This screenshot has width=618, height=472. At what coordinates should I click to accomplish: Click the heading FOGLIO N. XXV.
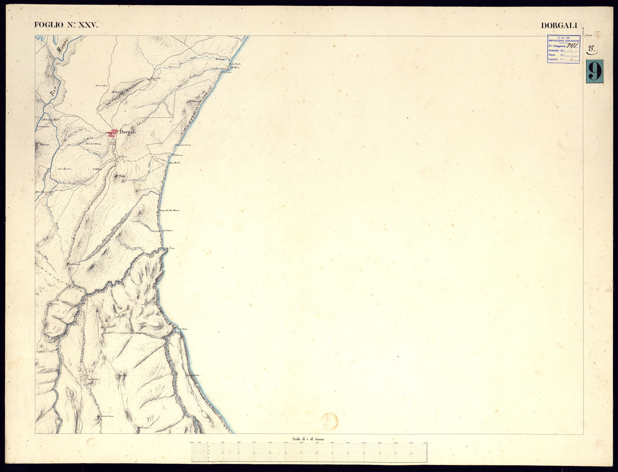[x=63, y=24]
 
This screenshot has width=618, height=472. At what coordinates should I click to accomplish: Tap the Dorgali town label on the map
[x=128, y=132]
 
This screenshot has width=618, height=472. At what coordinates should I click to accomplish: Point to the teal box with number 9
[x=594, y=71]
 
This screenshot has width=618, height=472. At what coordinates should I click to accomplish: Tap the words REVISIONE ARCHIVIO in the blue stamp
[x=564, y=41]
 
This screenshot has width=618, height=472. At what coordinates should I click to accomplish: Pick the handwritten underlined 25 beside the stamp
[x=592, y=49]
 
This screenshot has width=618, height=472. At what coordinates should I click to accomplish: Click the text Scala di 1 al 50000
[x=309, y=438]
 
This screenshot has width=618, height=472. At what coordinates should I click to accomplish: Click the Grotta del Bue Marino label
[x=169, y=210]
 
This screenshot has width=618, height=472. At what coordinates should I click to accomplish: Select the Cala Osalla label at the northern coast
[x=234, y=64]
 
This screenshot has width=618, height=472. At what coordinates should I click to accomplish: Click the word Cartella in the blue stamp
[x=554, y=60]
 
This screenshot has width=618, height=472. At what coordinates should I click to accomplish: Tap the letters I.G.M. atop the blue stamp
[x=564, y=37]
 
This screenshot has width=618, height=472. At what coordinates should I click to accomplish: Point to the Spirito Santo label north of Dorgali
[x=101, y=86]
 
